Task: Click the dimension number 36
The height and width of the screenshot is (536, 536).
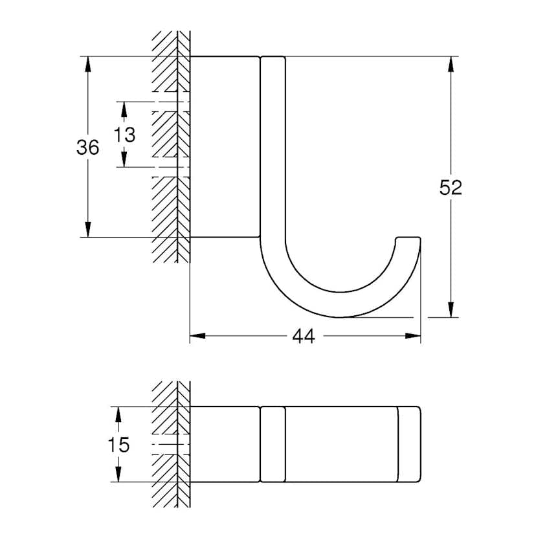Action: [88, 148]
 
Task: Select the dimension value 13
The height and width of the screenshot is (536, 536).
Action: [125, 135]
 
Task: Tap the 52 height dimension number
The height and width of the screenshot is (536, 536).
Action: [451, 188]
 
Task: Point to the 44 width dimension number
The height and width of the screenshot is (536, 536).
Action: [304, 337]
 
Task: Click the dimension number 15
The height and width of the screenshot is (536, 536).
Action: [118, 445]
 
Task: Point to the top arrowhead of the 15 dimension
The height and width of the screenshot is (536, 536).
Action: [118, 413]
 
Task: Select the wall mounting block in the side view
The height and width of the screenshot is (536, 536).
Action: [224, 146]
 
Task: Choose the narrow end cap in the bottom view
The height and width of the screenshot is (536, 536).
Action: [409, 444]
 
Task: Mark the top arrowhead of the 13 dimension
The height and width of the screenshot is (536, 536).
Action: [125, 107]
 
